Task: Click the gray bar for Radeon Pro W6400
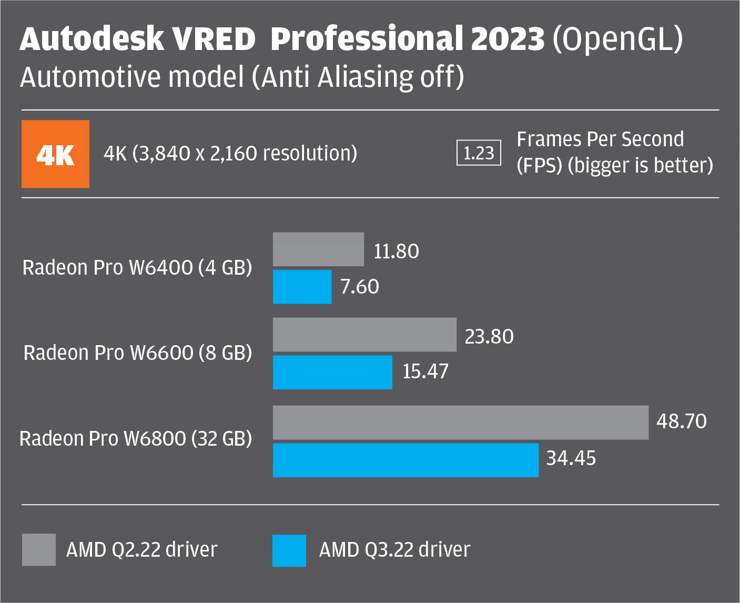pos(318,249)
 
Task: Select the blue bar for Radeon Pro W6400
pos(302,287)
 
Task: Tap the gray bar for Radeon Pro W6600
pos(364,335)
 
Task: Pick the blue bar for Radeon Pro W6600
pos(332,372)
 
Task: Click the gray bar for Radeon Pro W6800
pos(461,423)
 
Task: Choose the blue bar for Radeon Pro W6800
pos(406,460)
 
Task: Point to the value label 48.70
pos(681,421)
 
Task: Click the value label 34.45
pos(571,458)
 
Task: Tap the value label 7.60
pos(359,287)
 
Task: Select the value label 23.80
pos(489,337)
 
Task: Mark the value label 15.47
pos(425,371)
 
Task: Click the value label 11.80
pos(396,252)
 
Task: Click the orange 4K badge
pos(55,154)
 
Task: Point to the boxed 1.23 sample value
pos(479,153)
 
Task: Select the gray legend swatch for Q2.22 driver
pos(39,550)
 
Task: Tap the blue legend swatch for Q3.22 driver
pos(289,550)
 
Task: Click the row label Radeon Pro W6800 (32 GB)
pos(136,438)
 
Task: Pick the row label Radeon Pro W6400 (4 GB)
pos(137,268)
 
